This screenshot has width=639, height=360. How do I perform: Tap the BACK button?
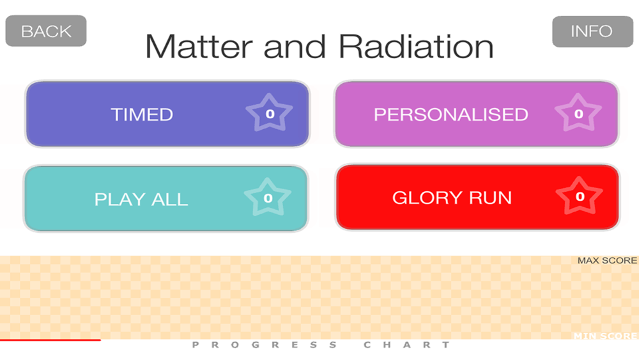pos(46,31)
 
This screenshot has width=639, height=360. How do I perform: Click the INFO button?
pos(592,31)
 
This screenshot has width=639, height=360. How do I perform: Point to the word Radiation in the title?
pos(416,47)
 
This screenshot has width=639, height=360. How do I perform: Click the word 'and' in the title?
pos(295,47)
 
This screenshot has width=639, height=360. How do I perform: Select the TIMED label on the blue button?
pos(142,114)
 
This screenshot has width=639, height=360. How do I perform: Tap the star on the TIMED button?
pos(269,113)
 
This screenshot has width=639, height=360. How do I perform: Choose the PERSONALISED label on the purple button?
pos(450,114)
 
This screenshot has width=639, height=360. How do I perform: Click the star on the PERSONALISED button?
pos(578,113)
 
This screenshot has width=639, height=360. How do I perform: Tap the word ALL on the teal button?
pos(169,200)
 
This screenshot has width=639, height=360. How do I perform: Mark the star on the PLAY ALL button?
pos(267,197)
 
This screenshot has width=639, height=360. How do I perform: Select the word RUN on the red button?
pos(490,198)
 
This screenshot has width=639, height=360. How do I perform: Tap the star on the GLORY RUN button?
pos(579,196)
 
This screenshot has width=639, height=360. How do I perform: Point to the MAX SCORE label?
pos(607,260)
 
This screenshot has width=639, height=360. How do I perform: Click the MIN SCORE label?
pos(606,336)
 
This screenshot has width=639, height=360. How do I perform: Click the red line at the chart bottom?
pos(50,340)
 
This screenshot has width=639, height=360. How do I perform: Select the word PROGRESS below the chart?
pos(265,345)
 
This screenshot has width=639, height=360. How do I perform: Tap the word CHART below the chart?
pos(406,345)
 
